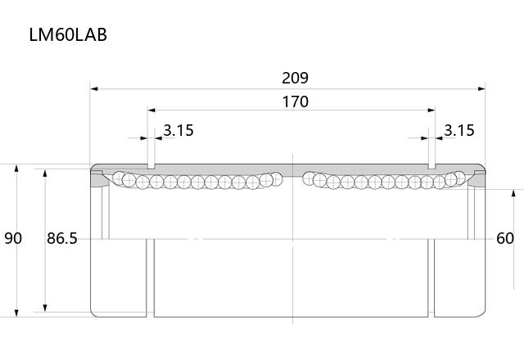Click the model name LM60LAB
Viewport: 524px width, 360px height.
coord(68,34)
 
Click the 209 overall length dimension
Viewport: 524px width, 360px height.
coord(295,79)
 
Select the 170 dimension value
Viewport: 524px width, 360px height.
coord(295,101)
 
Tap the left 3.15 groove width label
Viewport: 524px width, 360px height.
coord(178,130)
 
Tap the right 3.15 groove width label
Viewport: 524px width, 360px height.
coord(459,130)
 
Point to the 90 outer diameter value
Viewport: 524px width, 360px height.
coord(13,238)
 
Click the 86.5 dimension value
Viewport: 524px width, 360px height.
coord(62,238)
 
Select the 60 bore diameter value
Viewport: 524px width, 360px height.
coord(505,238)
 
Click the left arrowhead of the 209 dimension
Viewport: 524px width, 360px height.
coord(94,89)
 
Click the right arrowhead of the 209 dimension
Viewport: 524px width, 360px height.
coord(481,89)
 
